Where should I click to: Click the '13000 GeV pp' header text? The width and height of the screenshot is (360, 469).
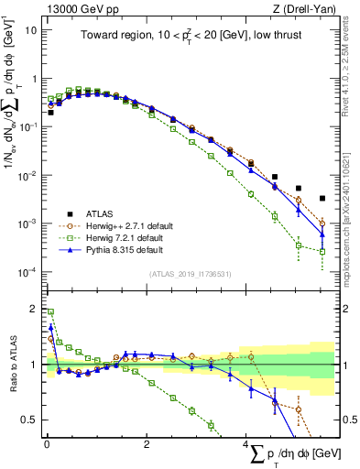(73, 8)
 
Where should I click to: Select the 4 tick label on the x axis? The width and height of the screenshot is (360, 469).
(245, 444)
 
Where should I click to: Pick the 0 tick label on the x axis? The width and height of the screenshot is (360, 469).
(47, 444)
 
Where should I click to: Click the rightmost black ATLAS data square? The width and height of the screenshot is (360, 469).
(322, 198)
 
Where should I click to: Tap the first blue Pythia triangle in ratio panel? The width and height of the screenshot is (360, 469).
(50, 326)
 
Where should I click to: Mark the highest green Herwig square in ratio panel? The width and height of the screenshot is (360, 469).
(50, 312)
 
